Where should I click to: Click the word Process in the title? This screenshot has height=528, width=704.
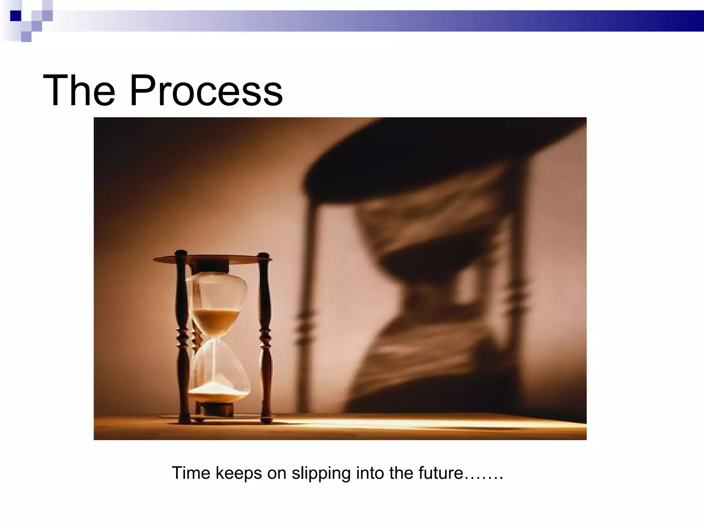tap(206, 91)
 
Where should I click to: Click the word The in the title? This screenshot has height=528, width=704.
tap(79, 91)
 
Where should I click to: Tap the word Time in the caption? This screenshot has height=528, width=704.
tap(191, 473)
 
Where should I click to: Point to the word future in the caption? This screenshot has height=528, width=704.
tap(441, 473)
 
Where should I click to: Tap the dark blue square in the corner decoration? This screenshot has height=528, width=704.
tap(15, 16)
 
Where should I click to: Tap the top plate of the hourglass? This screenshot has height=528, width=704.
tap(213, 258)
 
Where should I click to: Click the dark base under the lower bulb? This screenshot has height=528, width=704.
tap(217, 409)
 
